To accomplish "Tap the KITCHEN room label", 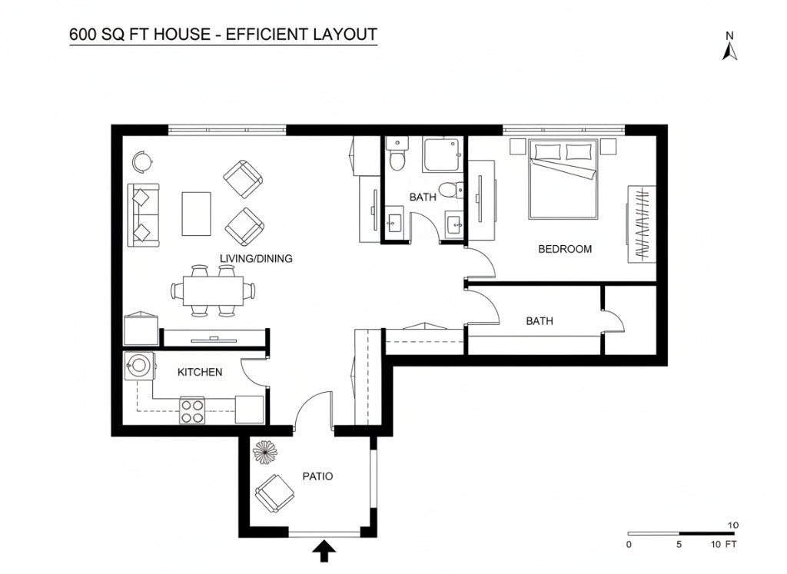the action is [x=200, y=372].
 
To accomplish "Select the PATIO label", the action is [x=317, y=476].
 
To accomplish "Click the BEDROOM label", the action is [x=565, y=249].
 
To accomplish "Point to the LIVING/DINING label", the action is [x=256, y=258].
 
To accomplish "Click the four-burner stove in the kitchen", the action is [x=192, y=410].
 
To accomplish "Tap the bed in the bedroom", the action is [x=563, y=179].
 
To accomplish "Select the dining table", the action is [x=213, y=290].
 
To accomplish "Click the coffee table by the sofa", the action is [x=196, y=214].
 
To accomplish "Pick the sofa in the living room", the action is [x=144, y=214].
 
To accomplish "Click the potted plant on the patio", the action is [x=265, y=452].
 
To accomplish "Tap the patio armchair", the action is [x=274, y=493].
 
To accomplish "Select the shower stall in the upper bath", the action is [x=440, y=155].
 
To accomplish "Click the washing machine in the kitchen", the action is [x=139, y=367].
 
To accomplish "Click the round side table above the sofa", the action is [x=142, y=161].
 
